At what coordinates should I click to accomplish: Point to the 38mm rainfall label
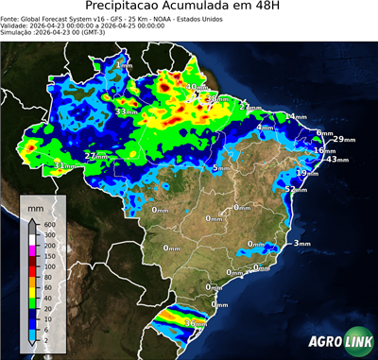(x=216, y=98)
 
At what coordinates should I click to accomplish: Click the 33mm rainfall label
(x=125, y=112)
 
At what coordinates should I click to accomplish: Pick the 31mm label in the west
(x=64, y=166)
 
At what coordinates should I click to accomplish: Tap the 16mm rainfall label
(x=324, y=150)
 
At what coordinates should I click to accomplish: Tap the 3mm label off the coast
(x=302, y=244)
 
